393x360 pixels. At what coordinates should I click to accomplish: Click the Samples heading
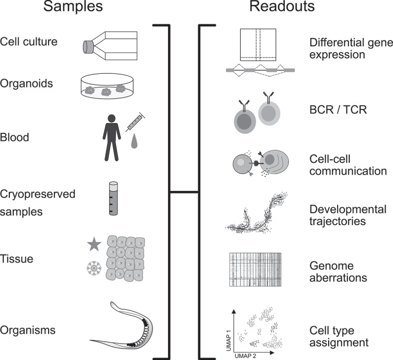pyautogui.click(x=73, y=6)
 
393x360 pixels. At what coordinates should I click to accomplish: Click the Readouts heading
pyautogui.click(x=282, y=6)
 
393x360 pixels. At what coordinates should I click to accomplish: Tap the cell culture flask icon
pyautogui.click(x=110, y=46)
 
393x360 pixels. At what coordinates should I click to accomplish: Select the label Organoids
pyautogui.click(x=27, y=83)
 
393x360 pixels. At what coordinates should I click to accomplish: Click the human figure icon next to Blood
pyautogui.click(x=112, y=138)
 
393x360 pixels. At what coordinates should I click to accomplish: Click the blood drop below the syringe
pyautogui.click(x=134, y=141)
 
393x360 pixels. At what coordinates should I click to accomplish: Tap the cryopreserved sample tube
pyautogui.click(x=113, y=198)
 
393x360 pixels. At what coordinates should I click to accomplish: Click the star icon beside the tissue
pyautogui.click(x=94, y=244)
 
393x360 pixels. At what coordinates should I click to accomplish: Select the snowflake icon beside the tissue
pyautogui.click(x=94, y=268)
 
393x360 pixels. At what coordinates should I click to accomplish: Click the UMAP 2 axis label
pyautogui.click(x=245, y=356)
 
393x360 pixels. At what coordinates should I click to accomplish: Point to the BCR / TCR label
pyautogui.click(x=338, y=110)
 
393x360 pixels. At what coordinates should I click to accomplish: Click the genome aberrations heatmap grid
pyautogui.click(x=255, y=270)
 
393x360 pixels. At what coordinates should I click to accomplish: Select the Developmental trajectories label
pyautogui.click(x=348, y=215)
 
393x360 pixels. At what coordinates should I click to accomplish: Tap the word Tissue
pyautogui.click(x=17, y=259)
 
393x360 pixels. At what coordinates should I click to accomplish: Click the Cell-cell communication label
pyautogui.click(x=348, y=165)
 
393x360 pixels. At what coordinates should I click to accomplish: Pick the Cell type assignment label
pyautogui.click(x=339, y=336)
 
